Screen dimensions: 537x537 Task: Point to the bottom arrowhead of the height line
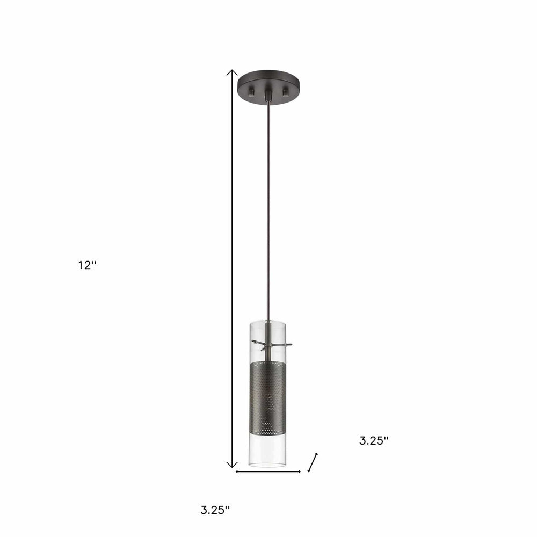pos(231,465)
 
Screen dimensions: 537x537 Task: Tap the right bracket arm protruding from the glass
pos(286,344)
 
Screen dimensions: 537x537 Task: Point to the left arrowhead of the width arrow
pos(238,471)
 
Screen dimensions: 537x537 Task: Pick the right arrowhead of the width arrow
pos(299,471)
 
